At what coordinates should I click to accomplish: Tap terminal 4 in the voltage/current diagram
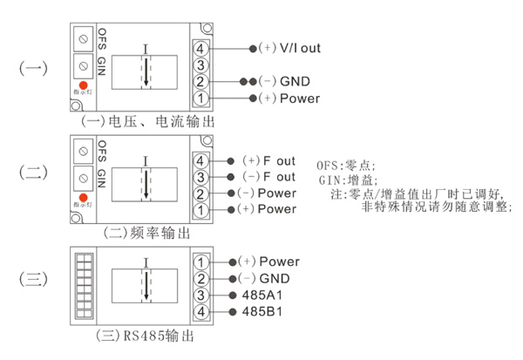[201, 49]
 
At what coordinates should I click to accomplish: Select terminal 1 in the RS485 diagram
[201, 262]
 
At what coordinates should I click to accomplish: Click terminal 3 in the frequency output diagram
[201, 178]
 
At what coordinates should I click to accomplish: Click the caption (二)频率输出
[144, 234]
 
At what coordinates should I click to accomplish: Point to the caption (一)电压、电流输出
[145, 121]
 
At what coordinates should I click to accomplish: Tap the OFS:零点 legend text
[349, 162]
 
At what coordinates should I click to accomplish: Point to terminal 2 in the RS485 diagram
[201, 279]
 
